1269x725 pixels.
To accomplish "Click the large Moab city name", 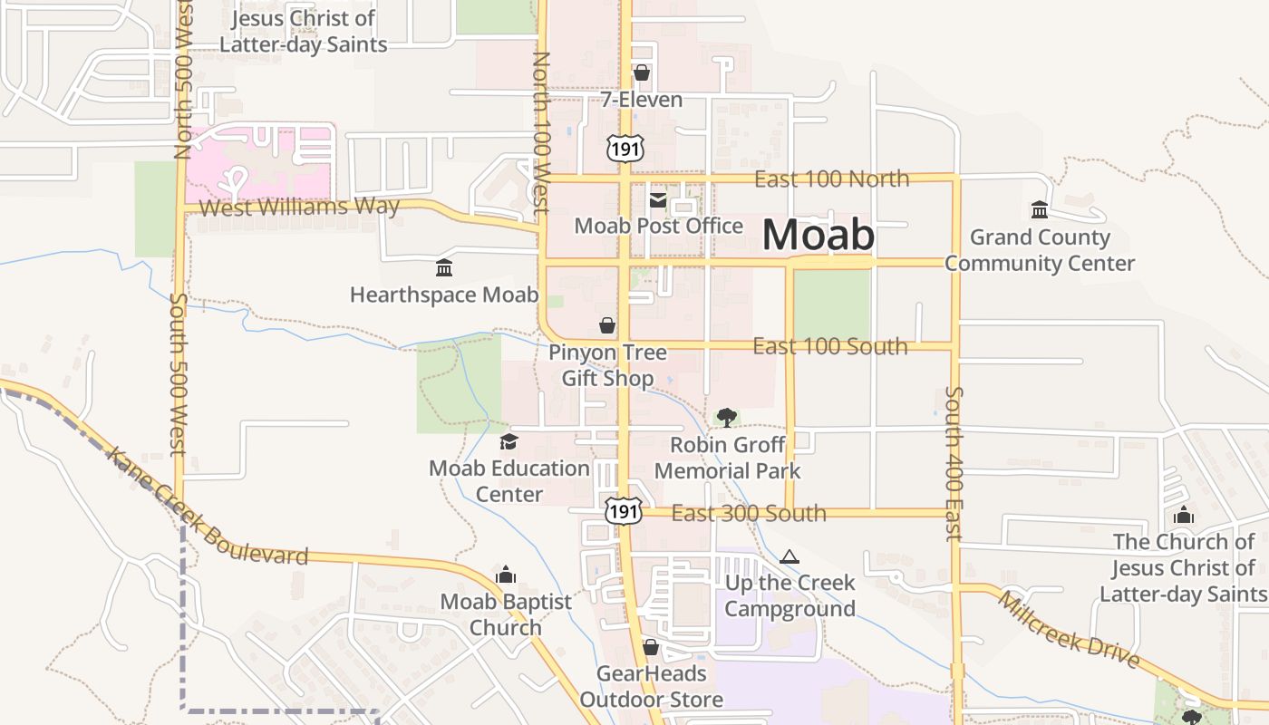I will (819, 235).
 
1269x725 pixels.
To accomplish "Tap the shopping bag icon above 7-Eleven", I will (642, 72).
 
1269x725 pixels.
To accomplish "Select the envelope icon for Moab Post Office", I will (658, 199).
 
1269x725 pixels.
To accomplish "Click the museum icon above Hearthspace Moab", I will (444, 268).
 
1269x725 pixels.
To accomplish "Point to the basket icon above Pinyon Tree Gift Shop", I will (607, 325).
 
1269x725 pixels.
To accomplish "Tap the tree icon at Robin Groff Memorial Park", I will (726, 417).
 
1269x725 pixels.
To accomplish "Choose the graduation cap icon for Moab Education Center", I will (509, 442).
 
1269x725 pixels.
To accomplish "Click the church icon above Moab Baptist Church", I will (506, 575).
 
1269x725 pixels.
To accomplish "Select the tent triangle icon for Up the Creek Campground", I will (789, 556).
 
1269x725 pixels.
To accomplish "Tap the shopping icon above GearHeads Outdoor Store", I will (651, 647).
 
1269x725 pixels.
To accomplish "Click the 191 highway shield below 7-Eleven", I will (625, 148).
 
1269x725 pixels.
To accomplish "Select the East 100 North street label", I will (831, 179).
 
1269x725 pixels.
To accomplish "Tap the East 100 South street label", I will (829, 346).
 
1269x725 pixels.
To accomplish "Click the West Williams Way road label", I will (299, 207).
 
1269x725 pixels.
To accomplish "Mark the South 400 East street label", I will (954, 463).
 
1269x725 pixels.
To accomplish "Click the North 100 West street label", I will (541, 132).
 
